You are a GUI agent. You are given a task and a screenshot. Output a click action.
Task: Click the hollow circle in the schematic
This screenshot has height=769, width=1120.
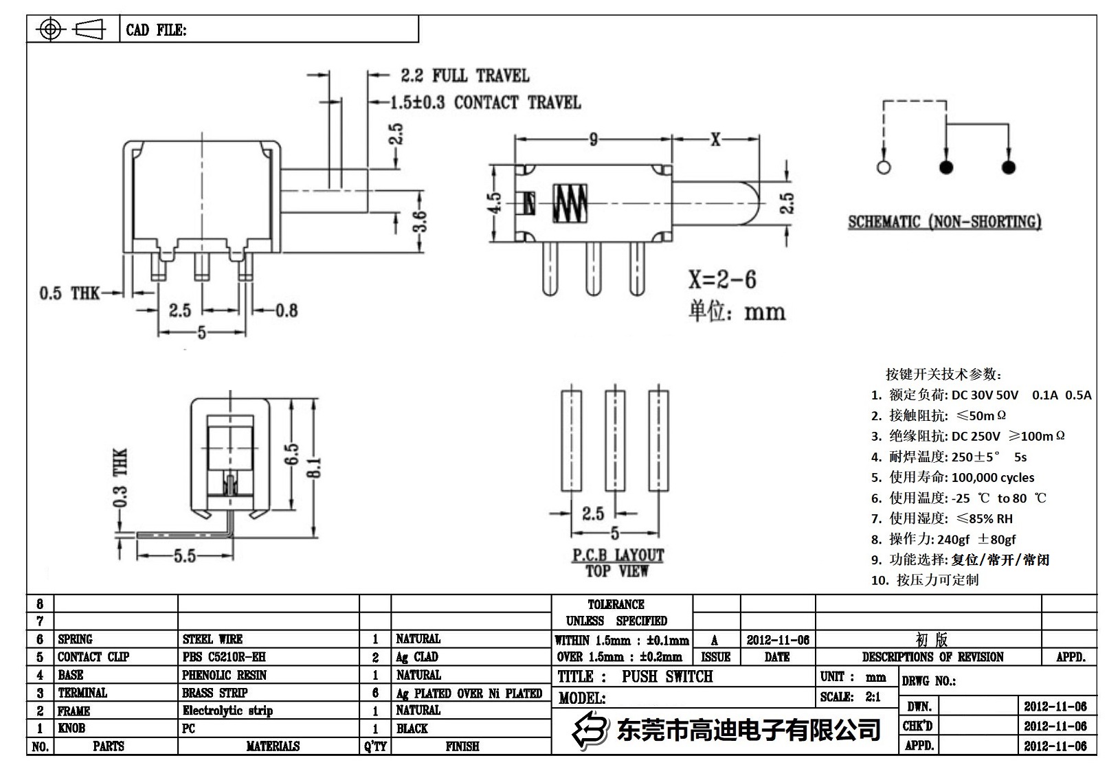tap(884, 168)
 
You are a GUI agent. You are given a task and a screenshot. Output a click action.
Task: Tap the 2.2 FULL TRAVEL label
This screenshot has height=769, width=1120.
tap(464, 76)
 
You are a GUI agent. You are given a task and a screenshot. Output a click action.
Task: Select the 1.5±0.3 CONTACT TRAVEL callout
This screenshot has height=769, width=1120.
tap(485, 103)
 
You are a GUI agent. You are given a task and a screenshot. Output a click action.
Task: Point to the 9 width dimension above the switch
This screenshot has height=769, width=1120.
tap(593, 140)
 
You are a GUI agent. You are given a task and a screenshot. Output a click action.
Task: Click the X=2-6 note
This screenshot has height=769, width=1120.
tap(722, 279)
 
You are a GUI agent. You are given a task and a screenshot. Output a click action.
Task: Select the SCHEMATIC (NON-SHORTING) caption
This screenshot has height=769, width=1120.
tap(944, 222)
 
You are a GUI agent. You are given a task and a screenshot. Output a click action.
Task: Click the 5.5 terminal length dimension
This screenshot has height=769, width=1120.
tap(184, 555)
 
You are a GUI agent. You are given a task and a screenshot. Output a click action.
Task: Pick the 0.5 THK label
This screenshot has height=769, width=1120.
tap(69, 294)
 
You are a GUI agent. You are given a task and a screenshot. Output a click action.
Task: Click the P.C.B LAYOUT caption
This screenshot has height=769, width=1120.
tap(618, 555)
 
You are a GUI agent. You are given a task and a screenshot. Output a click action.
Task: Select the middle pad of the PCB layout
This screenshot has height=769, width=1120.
tap(615, 441)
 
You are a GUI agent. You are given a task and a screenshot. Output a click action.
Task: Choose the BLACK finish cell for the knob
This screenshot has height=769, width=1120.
tap(412, 728)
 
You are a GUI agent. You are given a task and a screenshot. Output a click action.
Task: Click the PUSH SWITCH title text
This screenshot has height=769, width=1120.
tap(667, 677)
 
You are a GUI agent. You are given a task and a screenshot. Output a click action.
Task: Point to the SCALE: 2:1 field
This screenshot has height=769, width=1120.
tap(850, 697)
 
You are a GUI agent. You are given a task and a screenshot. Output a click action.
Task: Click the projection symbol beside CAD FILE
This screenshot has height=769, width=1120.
tap(73, 30)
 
